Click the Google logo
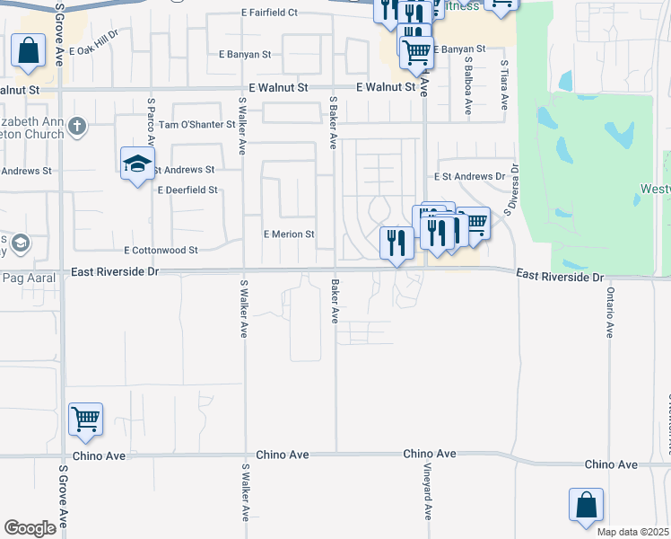pos(30,528)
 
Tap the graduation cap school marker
pos(137,164)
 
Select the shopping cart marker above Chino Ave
pos(85,420)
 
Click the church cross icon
pos(77,126)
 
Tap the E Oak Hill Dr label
pos(93,46)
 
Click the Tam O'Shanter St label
pos(196,125)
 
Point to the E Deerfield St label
pos(187,190)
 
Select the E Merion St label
pos(288,234)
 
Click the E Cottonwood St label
pos(161,250)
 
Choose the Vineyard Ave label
pos(428,499)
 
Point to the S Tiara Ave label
pos(505,85)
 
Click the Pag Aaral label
pos(30,278)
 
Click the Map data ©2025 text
pos(632,532)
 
